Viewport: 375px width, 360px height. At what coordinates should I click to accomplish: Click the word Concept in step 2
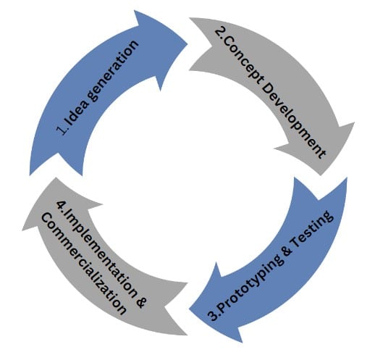coord(241,60)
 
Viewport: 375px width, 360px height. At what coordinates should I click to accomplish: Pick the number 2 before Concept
coord(219,33)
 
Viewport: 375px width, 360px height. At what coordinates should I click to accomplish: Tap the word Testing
coord(311,231)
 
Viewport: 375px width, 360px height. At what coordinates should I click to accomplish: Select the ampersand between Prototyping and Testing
coord(287,253)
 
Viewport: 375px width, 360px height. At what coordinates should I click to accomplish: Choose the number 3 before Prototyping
coord(211,316)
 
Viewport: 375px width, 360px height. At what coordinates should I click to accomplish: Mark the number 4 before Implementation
coord(60,205)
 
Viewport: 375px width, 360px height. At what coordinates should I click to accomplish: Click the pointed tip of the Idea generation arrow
coord(187,44)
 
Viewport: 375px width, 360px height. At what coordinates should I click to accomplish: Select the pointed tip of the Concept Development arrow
coord(321,175)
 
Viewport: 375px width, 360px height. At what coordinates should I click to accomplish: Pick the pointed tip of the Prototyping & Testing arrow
coord(189,309)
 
